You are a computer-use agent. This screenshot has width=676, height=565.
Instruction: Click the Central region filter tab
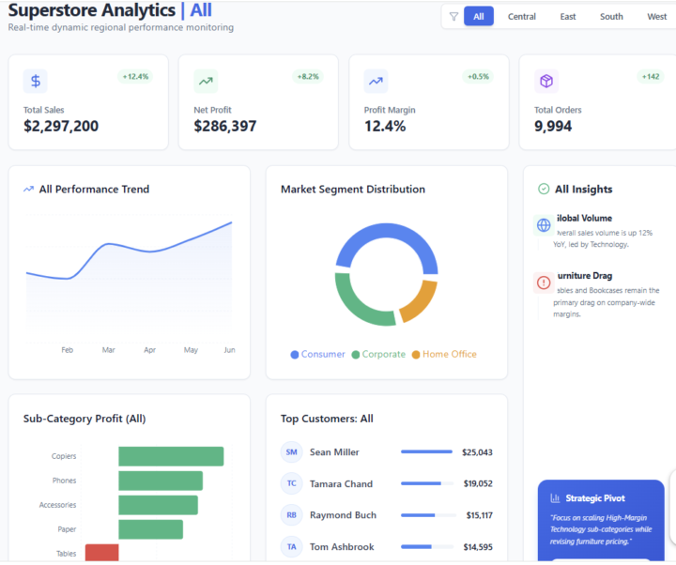point(522,17)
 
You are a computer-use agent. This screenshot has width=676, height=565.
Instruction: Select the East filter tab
point(568,17)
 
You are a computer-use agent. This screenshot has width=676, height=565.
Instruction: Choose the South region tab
point(611,17)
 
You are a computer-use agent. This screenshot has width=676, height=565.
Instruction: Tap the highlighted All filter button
point(479,17)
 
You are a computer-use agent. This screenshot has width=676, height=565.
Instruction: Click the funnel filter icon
point(453,17)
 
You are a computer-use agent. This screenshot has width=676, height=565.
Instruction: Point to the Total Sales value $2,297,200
point(61,127)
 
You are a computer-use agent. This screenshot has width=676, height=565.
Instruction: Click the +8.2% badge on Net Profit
point(307,76)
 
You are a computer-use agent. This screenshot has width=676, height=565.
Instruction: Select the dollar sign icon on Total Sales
point(36,82)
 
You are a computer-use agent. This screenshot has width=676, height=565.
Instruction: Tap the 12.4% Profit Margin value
point(385,127)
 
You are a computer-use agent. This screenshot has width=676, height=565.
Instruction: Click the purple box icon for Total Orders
point(546,82)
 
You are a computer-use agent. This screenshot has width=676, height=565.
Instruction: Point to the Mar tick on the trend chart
point(109,350)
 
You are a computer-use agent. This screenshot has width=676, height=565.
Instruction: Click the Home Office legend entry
point(449,355)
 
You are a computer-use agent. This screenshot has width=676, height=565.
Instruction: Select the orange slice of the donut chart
point(419,298)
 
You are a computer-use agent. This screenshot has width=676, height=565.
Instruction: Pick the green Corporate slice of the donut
point(361,305)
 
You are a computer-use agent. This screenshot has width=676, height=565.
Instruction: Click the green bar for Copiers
point(171,456)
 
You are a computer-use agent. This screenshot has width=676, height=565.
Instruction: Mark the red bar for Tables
point(101,553)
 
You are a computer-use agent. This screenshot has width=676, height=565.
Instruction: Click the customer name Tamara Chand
point(341,484)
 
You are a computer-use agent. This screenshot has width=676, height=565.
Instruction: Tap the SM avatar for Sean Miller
point(292,452)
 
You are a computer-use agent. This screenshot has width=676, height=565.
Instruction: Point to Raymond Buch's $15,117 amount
point(479,515)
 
